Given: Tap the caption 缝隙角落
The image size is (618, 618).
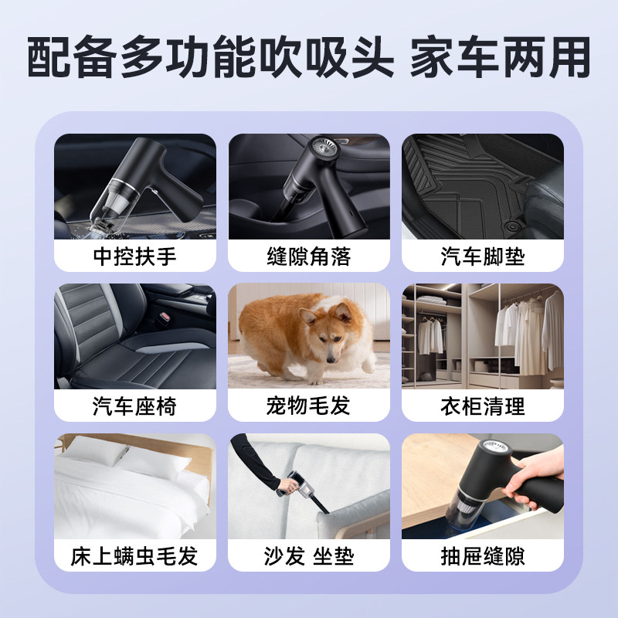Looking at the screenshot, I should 309,256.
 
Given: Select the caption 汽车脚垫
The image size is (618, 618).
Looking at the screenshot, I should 483,256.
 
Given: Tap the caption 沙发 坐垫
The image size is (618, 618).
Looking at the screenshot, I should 309,555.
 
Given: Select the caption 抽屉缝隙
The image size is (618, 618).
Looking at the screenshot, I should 483,555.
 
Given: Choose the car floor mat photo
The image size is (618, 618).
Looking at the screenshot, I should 483,185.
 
